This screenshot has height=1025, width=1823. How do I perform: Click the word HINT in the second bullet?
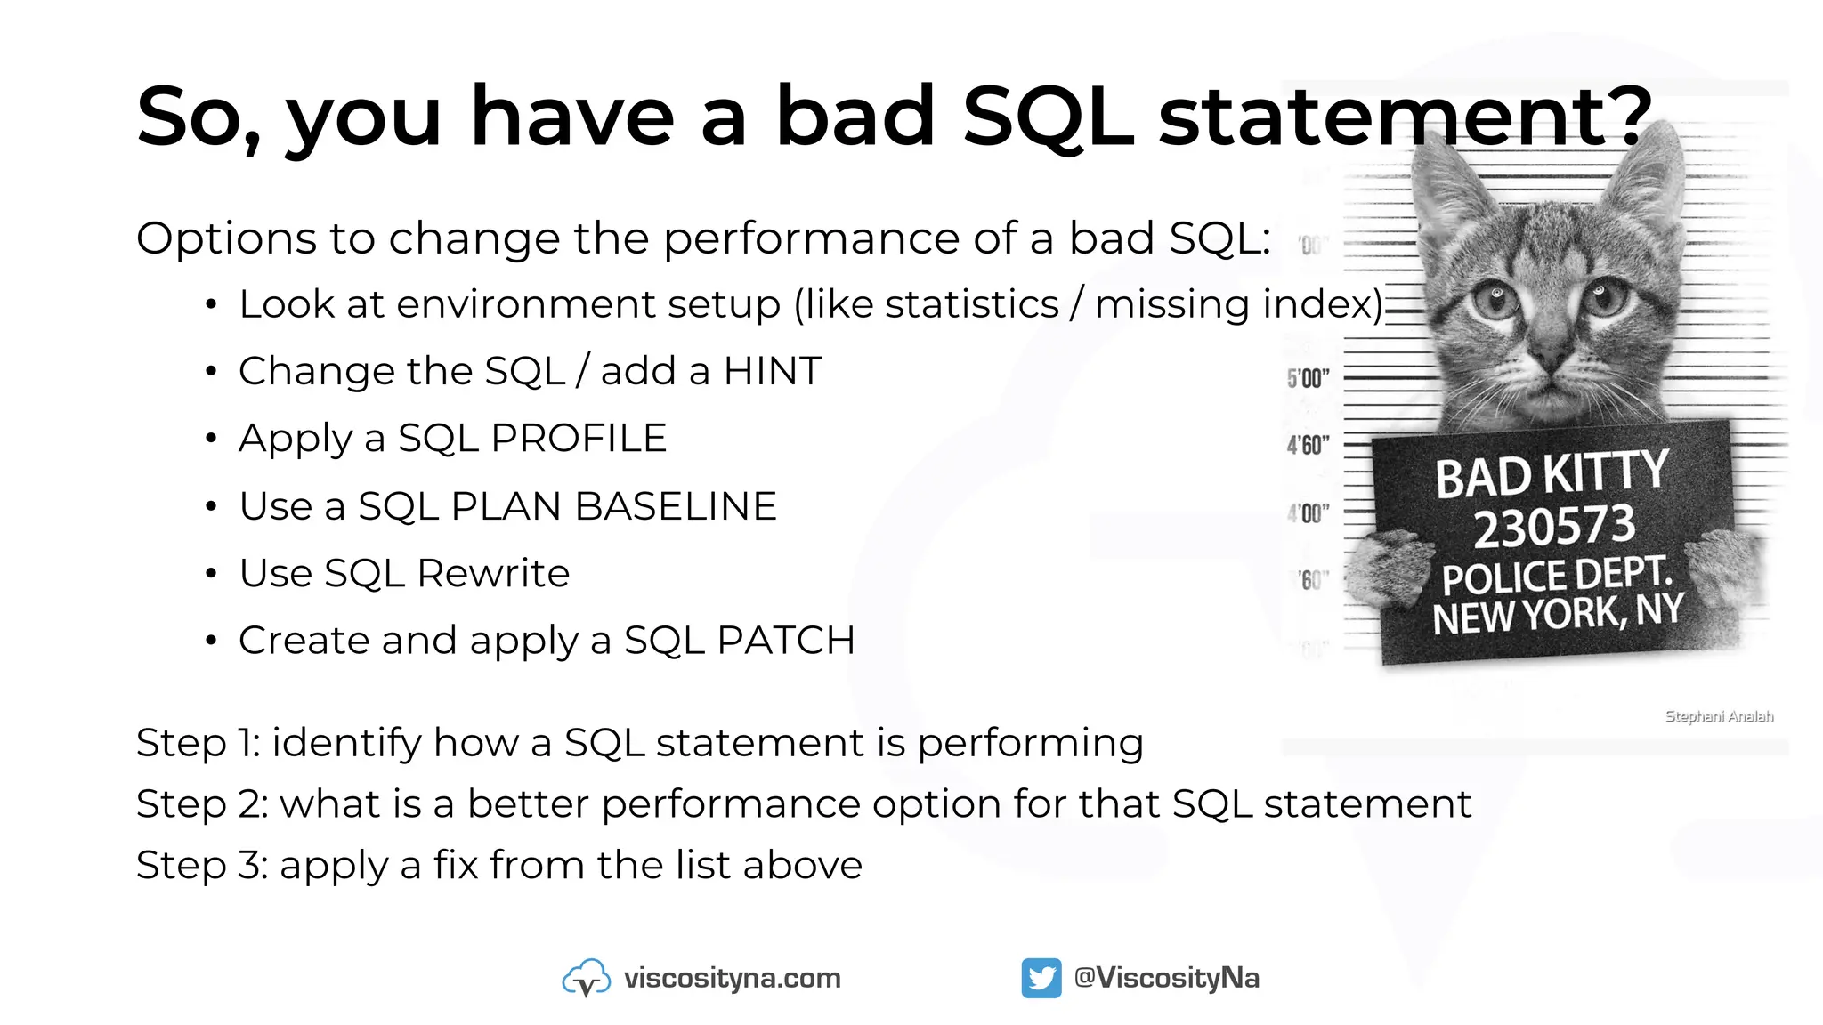click(772, 371)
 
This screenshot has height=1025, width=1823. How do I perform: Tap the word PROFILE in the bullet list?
click(579, 438)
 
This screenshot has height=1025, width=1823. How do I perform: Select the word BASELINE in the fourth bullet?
click(676, 506)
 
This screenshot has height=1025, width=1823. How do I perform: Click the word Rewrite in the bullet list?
click(493, 573)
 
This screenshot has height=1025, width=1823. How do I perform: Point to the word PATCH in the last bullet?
click(786, 641)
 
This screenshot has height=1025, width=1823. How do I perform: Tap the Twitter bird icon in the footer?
click(1041, 978)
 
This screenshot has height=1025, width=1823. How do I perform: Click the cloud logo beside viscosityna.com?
click(587, 978)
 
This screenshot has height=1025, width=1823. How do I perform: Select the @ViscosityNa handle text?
click(1166, 978)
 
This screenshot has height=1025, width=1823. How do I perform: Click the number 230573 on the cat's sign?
click(1554, 527)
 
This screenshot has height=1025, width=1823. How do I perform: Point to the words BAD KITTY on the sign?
click(1552, 474)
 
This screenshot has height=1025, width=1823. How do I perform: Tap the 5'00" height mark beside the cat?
click(1308, 378)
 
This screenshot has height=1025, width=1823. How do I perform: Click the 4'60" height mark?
click(1308, 445)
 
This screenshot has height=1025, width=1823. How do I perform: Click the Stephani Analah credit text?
click(1719, 716)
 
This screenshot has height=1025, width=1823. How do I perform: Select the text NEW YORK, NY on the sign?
click(1558, 615)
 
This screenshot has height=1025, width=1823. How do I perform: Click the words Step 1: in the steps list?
click(198, 743)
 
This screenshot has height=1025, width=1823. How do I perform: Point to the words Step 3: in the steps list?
click(201, 865)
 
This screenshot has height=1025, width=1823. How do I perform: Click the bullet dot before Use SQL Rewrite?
click(211, 574)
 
